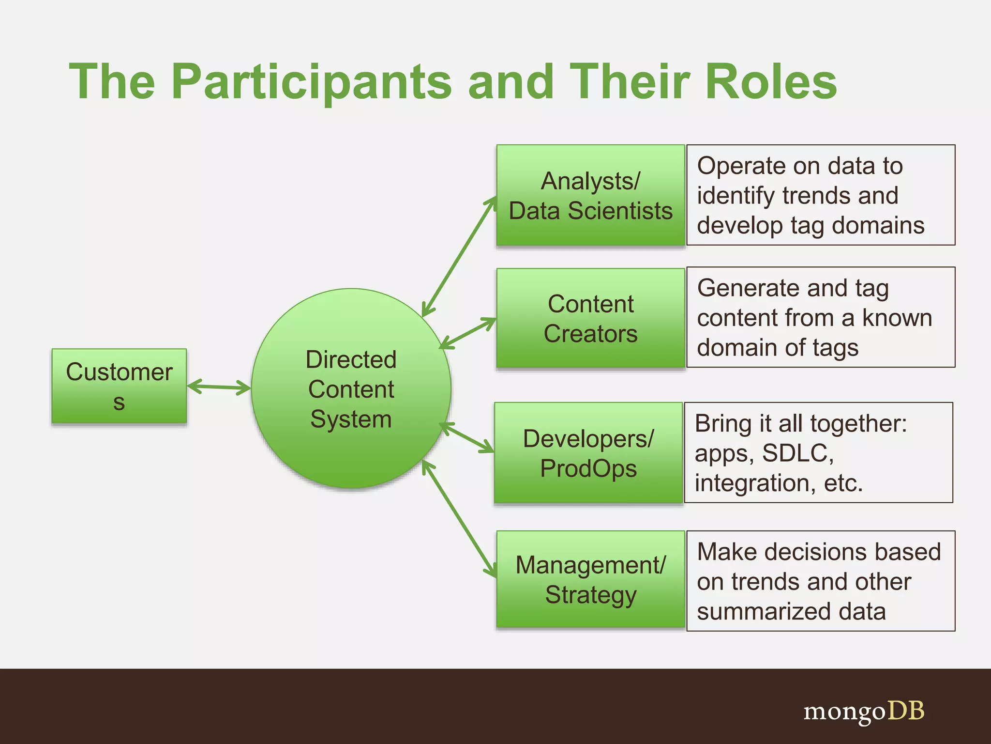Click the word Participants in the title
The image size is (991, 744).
pos(311,82)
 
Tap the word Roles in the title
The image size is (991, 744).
pos(771,82)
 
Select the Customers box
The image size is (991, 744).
pos(119,386)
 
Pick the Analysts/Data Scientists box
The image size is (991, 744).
pos(590,195)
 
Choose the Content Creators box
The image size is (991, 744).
pos(590,318)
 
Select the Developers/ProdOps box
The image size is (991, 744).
pos(588,453)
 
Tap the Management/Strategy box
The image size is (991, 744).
pos(590,579)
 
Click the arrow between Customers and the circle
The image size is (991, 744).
pos(219,387)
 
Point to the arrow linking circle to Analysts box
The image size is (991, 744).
pos(460,257)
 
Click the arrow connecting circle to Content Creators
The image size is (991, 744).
pos(467,333)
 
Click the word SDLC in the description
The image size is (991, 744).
pos(797,453)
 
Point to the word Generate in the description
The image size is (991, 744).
pos(748,288)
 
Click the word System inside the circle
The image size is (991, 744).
pos(351,419)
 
